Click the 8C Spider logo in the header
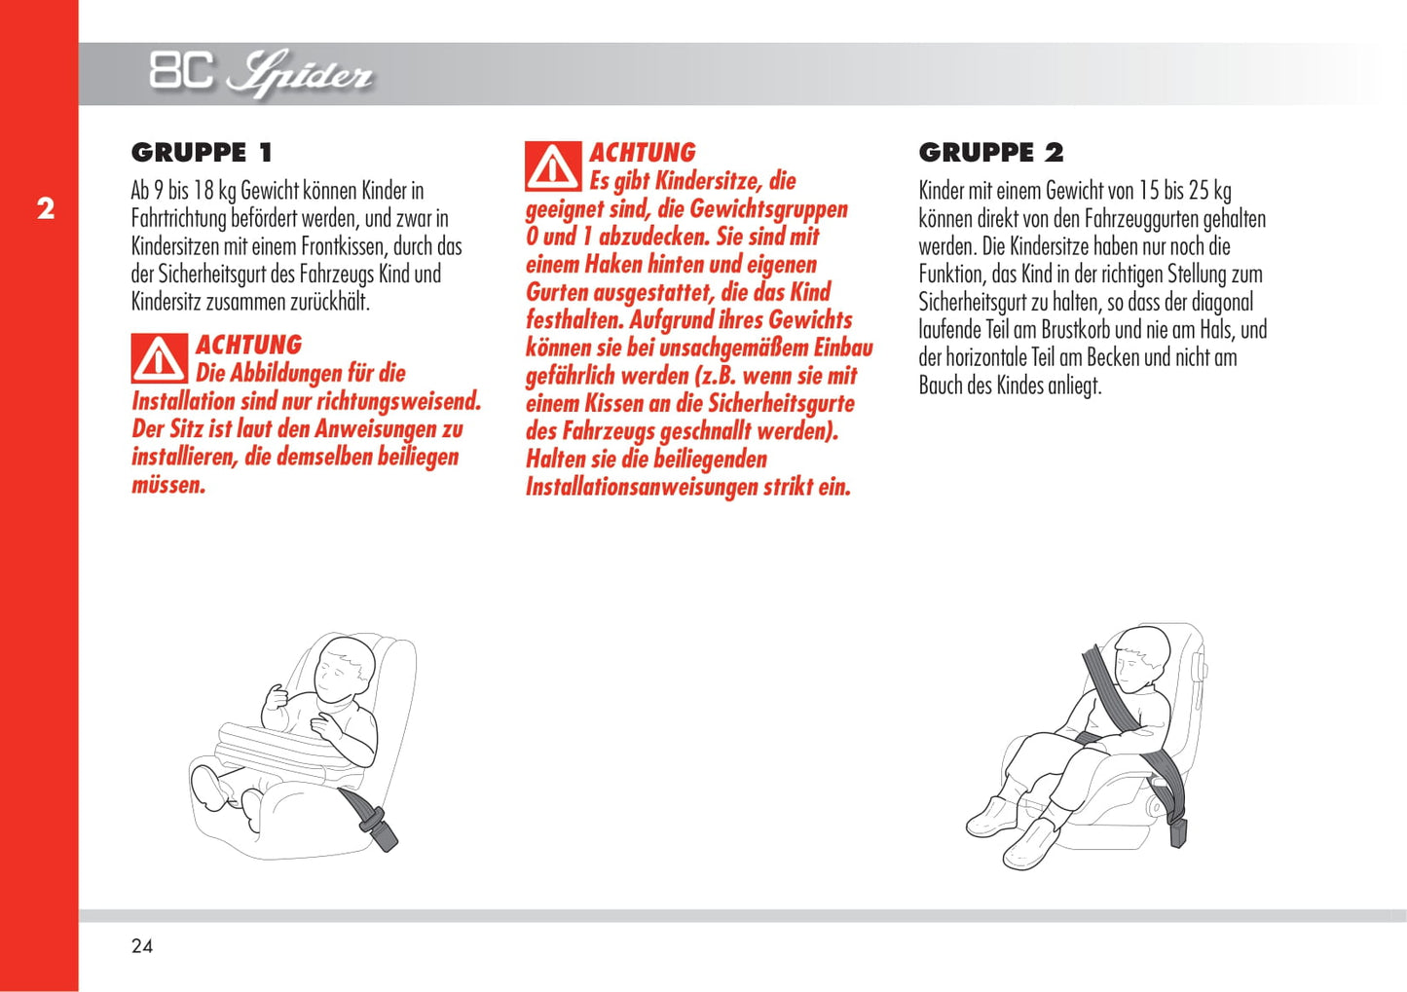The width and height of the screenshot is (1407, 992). [x=261, y=73]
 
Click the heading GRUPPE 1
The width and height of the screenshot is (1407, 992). [x=203, y=153]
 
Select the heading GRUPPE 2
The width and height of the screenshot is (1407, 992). [x=991, y=153]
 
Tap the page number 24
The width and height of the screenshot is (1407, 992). [x=142, y=946]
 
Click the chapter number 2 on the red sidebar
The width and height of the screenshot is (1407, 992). [x=45, y=209]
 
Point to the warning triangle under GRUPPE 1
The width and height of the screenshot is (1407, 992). [x=160, y=358]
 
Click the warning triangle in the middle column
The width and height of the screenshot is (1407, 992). [x=553, y=166]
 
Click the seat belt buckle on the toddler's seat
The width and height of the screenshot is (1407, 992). [x=379, y=827]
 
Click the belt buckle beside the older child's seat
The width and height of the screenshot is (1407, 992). [x=1177, y=830]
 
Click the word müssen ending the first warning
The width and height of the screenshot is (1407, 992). [x=168, y=486]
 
